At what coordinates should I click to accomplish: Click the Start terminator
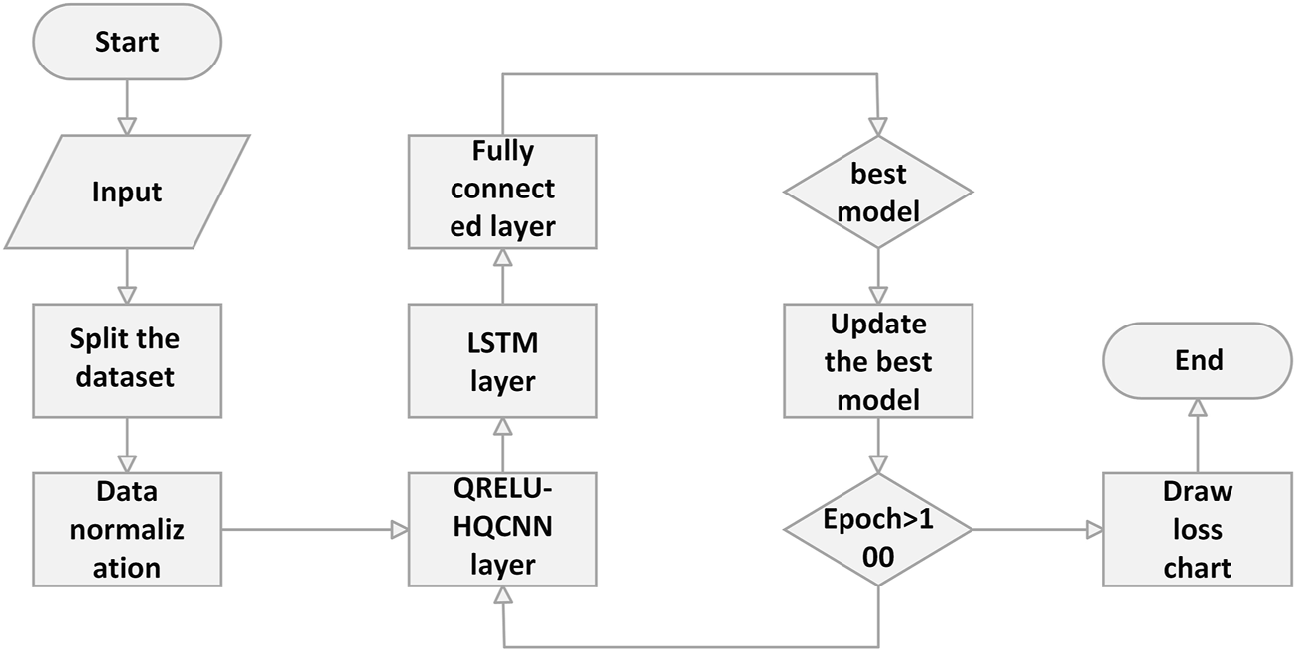[127, 42]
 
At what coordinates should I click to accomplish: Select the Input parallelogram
[126, 192]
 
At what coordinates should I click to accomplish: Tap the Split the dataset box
[126, 358]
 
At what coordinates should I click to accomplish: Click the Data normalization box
[127, 530]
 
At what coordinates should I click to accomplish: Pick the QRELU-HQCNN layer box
[502, 530]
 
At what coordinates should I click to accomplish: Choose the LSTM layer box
[502, 360]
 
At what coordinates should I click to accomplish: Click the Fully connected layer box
[502, 191]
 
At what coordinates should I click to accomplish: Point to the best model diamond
[878, 191]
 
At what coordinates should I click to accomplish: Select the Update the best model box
[878, 360]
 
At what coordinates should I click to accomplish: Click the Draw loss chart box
[1198, 530]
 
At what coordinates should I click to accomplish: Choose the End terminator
[1198, 360]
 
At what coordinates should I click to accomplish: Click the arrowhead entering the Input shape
[127, 125]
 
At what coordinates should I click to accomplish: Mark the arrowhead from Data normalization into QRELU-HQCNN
[399, 530]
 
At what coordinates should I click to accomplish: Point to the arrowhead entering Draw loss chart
[1094, 530]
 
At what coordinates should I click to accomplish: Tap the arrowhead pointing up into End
[1198, 407]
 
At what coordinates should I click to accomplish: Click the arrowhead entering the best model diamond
[878, 127]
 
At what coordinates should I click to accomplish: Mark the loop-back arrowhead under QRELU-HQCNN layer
[502, 595]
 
